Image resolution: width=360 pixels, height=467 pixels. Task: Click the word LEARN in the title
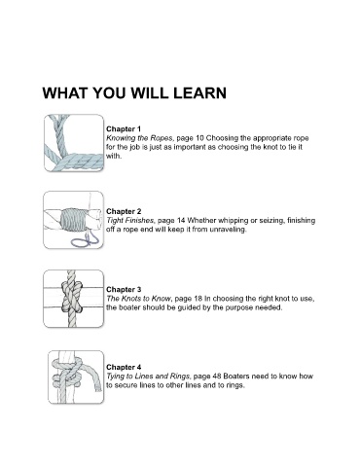(199, 93)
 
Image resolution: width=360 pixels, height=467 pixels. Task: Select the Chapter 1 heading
(124, 128)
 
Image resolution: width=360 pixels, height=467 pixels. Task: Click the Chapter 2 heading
(124, 211)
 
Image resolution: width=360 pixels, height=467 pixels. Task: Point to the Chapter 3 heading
(124, 289)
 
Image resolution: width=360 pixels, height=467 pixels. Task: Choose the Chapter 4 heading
(124, 367)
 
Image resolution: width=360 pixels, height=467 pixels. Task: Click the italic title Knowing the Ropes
(140, 138)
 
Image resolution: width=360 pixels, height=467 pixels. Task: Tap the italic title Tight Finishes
(130, 221)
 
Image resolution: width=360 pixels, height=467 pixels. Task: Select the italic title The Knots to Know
(138, 299)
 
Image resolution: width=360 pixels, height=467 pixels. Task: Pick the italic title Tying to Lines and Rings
(148, 377)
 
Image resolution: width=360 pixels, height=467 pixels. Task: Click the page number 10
(199, 138)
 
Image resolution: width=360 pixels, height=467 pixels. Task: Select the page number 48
(217, 377)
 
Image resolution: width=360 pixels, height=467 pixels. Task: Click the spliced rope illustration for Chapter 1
(74, 143)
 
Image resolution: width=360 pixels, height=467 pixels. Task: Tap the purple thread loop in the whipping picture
(86, 239)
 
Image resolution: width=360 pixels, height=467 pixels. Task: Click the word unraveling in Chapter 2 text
(228, 230)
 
